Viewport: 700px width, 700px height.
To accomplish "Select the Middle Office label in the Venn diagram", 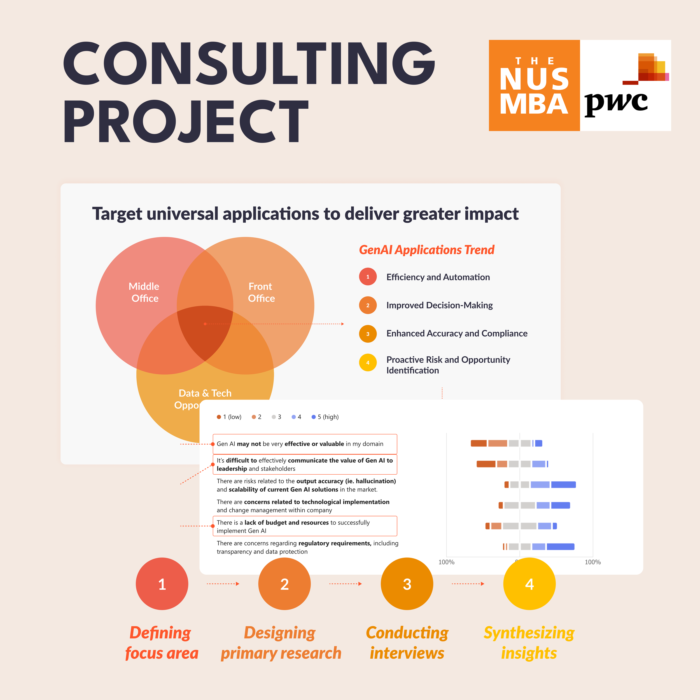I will pyautogui.click(x=144, y=292).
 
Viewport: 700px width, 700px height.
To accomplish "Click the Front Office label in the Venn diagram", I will pyautogui.click(x=261, y=292).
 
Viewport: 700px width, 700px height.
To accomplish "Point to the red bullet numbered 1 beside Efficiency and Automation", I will pyautogui.click(x=368, y=277).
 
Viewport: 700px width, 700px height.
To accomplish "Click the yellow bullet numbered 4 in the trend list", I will pyautogui.click(x=368, y=362).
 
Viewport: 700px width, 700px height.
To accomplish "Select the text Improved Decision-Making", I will pyautogui.click(x=439, y=305).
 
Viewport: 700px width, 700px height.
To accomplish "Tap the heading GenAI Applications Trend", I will pyautogui.click(x=426, y=250).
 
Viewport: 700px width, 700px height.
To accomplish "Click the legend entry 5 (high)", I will pyautogui.click(x=325, y=417).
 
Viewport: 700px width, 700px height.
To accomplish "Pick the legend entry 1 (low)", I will pyautogui.click(x=229, y=417).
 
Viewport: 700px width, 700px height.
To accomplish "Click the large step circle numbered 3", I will pyautogui.click(x=407, y=584).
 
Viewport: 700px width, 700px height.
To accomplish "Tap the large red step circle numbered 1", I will pyautogui.click(x=162, y=584).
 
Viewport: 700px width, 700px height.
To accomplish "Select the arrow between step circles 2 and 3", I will pyautogui.click(x=345, y=584).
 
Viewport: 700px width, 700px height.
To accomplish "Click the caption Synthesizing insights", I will pyautogui.click(x=529, y=643).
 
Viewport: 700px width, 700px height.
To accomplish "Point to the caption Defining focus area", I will pyautogui.click(x=161, y=643).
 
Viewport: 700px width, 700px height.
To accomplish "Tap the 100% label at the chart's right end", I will pyautogui.click(x=592, y=562).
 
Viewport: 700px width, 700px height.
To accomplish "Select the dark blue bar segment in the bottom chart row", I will pyautogui.click(x=560, y=547).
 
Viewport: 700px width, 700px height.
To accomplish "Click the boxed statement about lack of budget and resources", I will pyautogui.click(x=304, y=526).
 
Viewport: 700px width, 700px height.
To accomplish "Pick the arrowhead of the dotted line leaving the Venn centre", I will pyautogui.click(x=342, y=324).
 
